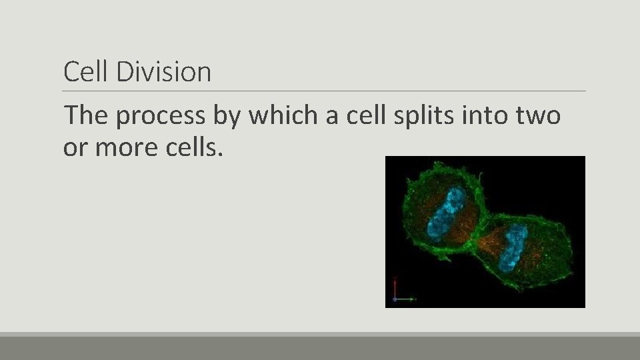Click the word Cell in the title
(87, 72)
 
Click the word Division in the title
(163, 72)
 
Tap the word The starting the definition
(87, 116)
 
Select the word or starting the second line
(75, 148)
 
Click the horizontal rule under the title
(324, 91)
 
